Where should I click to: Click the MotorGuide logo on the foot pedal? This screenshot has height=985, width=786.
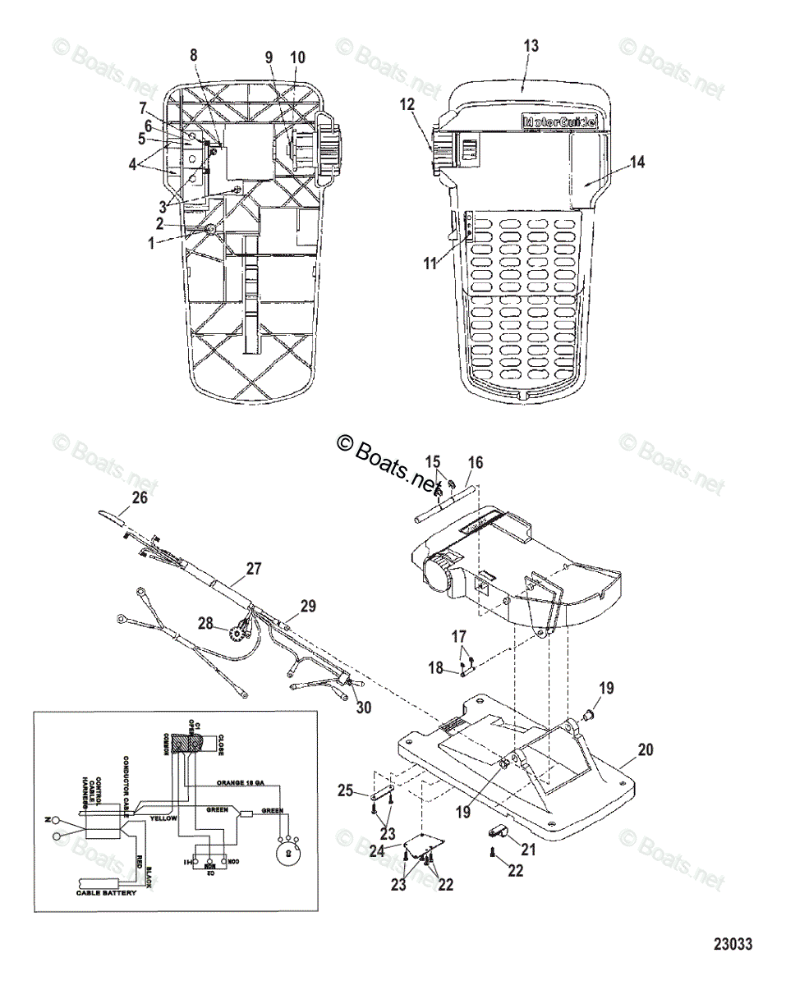tap(559, 121)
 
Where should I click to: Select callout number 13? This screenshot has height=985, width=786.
tap(531, 46)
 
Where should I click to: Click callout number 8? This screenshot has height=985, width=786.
tap(194, 55)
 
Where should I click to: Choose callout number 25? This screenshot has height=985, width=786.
tap(345, 791)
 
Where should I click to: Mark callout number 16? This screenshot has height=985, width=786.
tap(473, 464)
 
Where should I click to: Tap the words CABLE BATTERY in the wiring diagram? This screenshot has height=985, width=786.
tap(107, 892)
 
